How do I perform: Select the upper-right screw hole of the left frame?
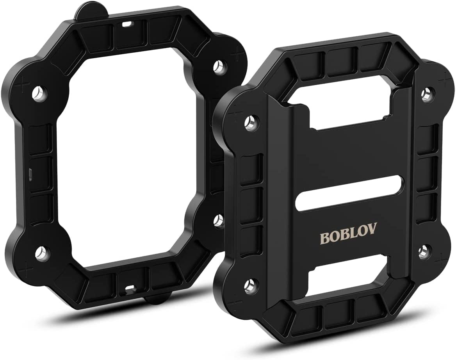click(217, 66)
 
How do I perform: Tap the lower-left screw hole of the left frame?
click(40, 254)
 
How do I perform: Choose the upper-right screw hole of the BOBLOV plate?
click(426, 94)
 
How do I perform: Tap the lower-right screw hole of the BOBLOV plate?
click(423, 251)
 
